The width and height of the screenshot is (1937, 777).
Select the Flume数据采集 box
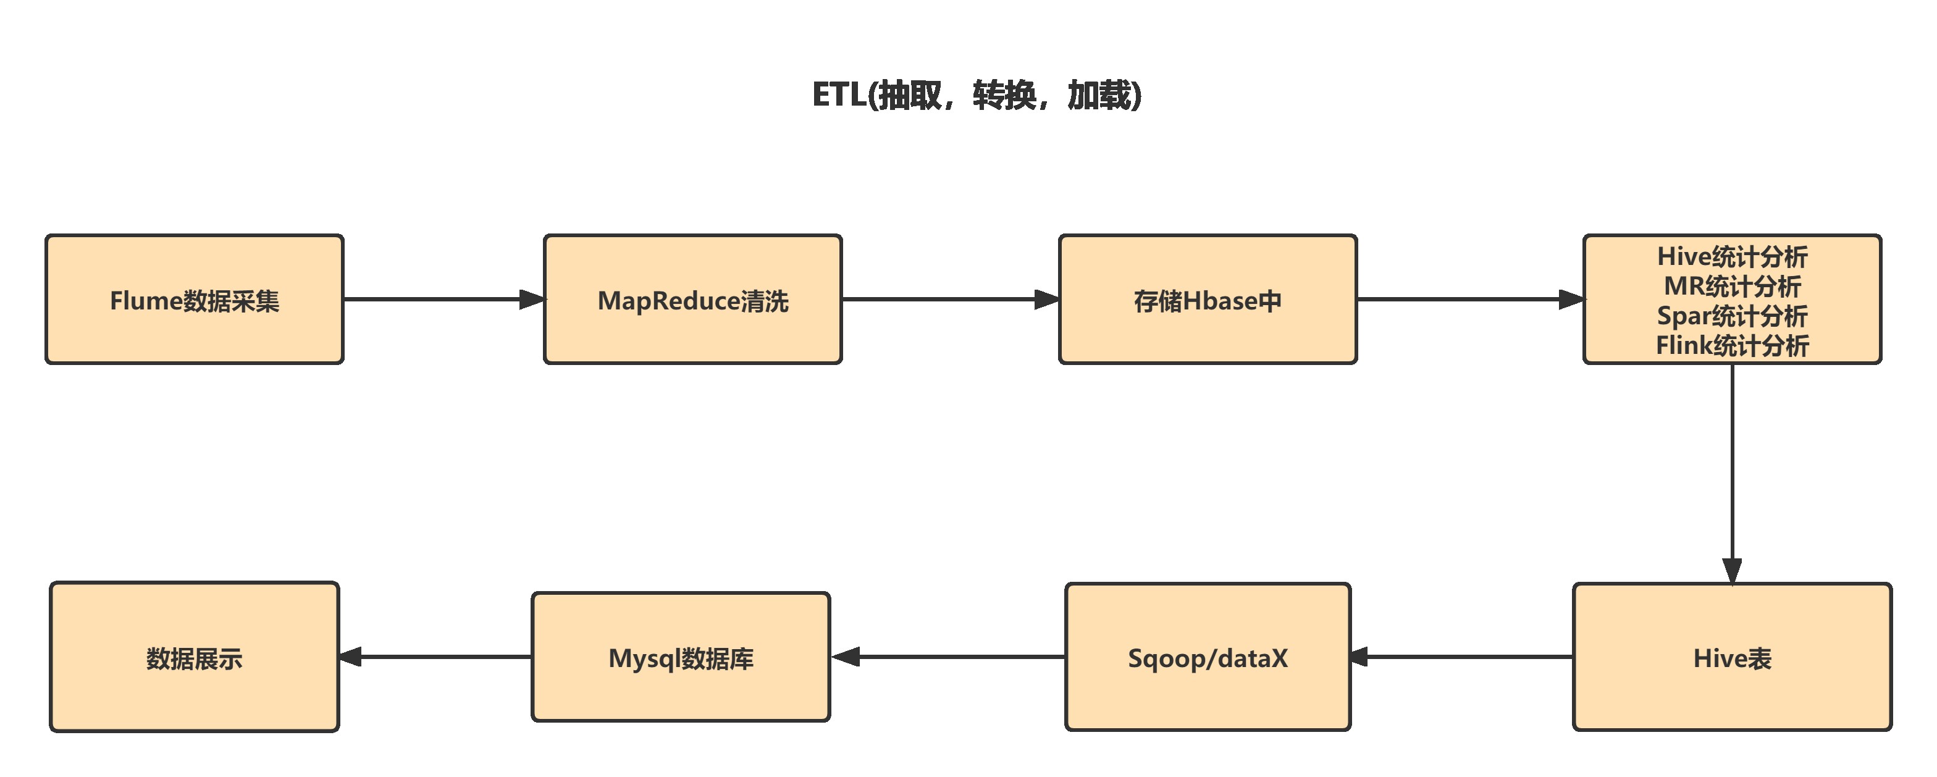click(x=194, y=300)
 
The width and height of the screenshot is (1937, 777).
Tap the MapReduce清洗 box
click(x=692, y=300)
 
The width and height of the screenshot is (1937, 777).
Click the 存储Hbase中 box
click(x=1208, y=300)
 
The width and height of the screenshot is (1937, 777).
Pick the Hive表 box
click(x=1732, y=657)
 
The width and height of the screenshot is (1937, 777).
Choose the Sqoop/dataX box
click(x=1208, y=657)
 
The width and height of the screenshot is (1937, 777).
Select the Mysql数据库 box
click(x=681, y=657)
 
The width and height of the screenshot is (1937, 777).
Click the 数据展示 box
click(x=194, y=657)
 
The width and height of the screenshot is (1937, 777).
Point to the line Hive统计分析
click(x=1732, y=256)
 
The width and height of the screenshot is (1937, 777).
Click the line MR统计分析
click(x=1732, y=286)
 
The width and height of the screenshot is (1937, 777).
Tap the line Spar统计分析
click(x=1732, y=316)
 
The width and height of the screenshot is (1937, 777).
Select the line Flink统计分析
click(x=1732, y=345)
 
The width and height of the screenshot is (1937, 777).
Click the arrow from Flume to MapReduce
click(x=443, y=300)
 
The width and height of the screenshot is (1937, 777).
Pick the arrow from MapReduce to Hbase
click(x=950, y=300)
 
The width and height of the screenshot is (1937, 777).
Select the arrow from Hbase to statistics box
click(x=1470, y=300)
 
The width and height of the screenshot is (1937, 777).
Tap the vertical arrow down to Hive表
click(x=1733, y=474)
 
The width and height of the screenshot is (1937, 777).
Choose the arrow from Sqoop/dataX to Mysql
click(x=947, y=657)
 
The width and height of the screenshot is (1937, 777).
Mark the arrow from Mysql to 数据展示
click(x=435, y=657)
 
